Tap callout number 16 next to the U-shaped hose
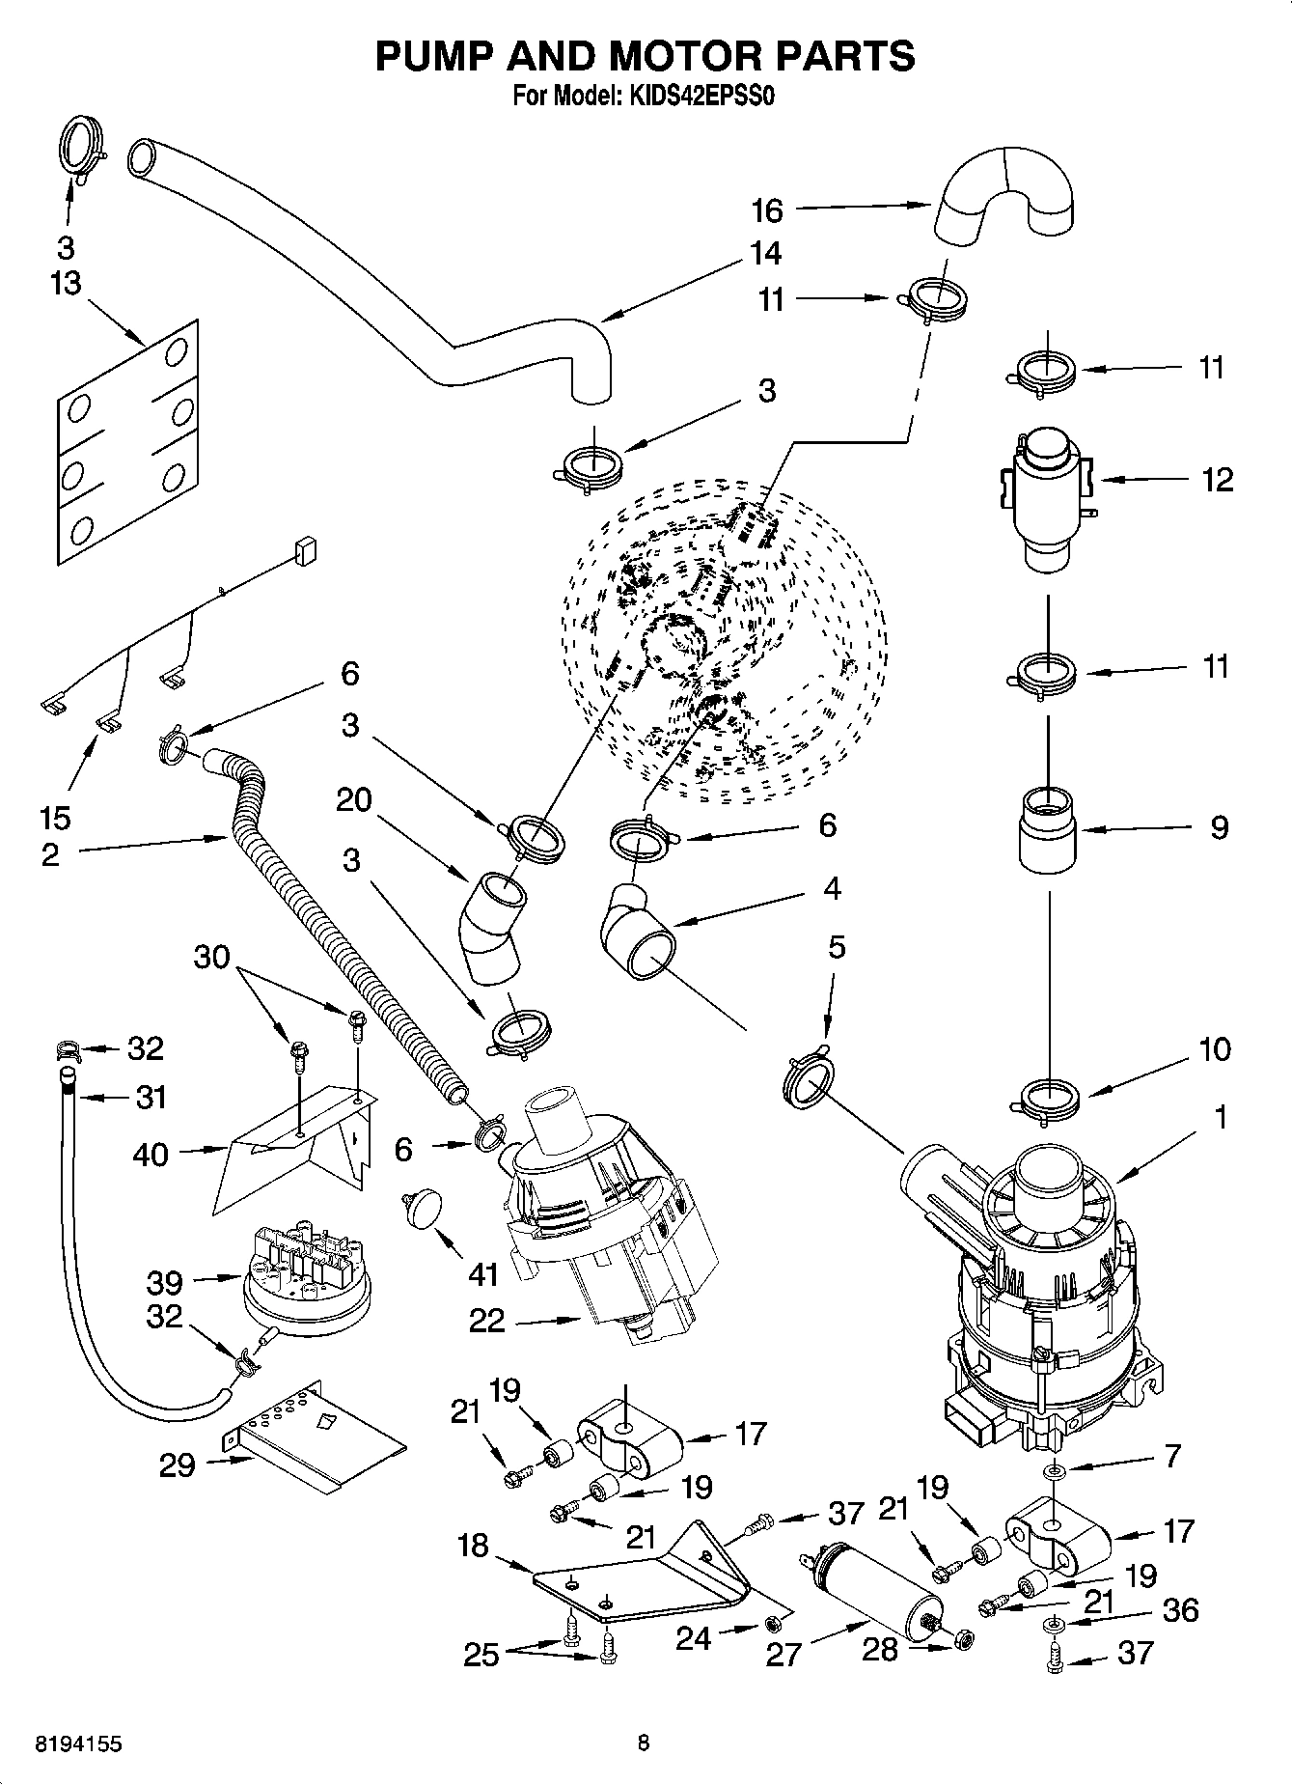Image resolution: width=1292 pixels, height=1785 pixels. (767, 209)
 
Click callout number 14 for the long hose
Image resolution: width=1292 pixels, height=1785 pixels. (765, 254)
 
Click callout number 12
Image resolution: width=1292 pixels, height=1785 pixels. (1217, 480)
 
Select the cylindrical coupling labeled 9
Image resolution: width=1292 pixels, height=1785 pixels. (1048, 828)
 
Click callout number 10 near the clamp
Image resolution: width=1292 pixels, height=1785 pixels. (1215, 1049)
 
